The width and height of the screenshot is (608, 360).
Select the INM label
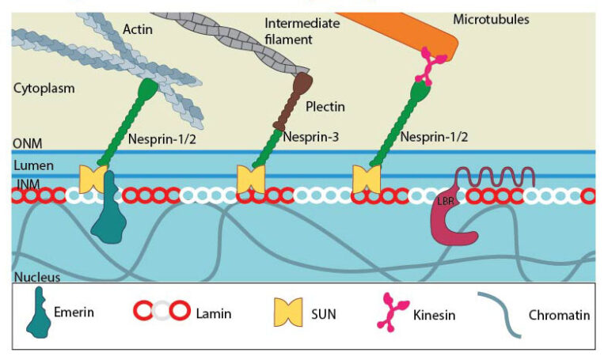click(x=25, y=184)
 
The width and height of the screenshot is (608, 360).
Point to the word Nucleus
click(x=37, y=277)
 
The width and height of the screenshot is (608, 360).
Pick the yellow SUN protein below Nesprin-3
click(x=250, y=180)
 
